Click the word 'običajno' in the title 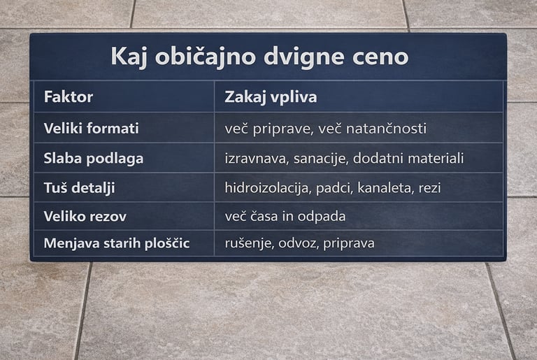[x=206, y=56]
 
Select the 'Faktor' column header [x=69, y=97]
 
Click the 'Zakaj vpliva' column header [x=271, y=97]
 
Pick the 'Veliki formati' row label [x=92, y=129]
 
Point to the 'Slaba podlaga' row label [x=94, y=159]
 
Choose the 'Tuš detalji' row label [x=80, y=188]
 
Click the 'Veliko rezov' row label [x=85, y=217]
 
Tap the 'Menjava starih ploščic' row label [x=117, y=243]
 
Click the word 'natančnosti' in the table [x=386, y=129]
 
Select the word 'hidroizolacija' [x=267, y=188]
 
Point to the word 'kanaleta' [x=385, y=188]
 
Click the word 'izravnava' [x=255, y=159]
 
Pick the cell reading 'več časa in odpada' [x=285, y=217]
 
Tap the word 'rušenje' [x=250, y=243]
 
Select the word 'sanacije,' [x=321, y=159]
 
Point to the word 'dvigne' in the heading [x=303, y=57]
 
